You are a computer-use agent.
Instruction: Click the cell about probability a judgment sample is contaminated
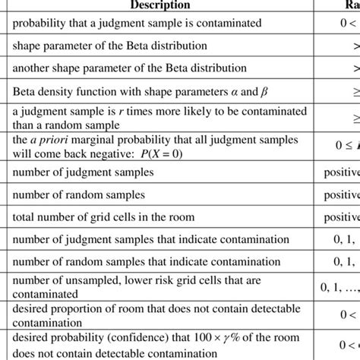point(137,24)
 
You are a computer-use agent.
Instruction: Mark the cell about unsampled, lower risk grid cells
point(141,287)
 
